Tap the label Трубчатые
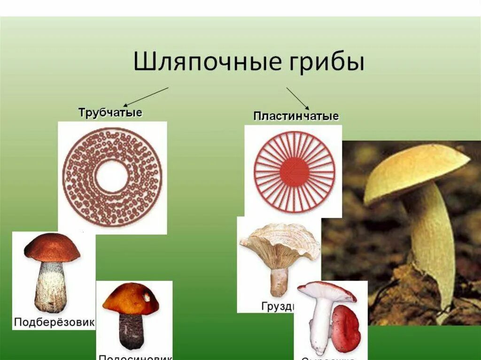tap(110, 113)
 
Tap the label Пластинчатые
tap(296, 116)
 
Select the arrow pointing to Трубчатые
tap(146, 97)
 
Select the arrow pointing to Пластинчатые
tap(297, 98)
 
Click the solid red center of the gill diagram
tap(295, 172)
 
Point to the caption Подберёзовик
tap(54, 322)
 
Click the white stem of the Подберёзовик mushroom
tap(50, 286)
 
